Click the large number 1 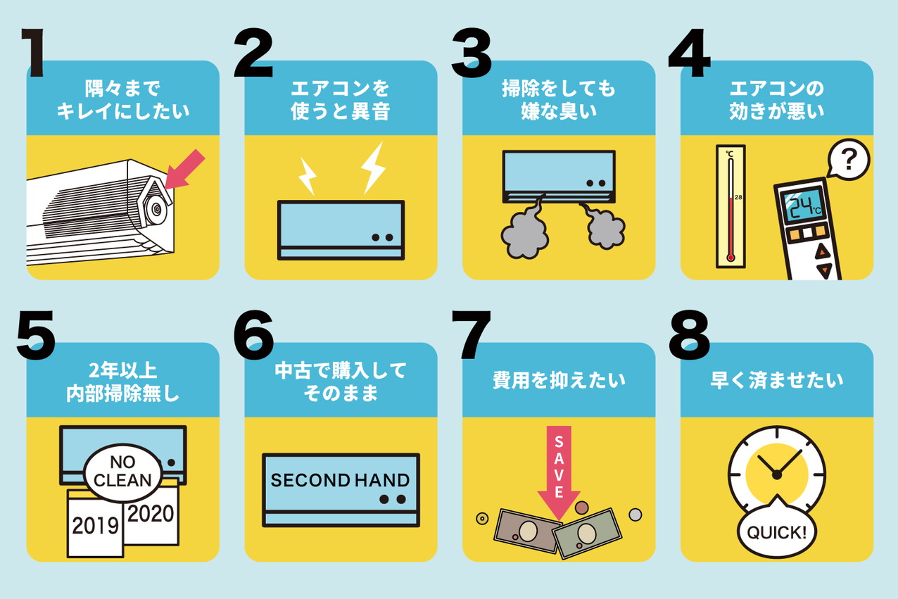tap(34, 52)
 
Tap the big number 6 tap(253, 335)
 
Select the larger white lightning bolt tap(373, 168)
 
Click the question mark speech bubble tap(848, 160)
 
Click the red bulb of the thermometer tap(731, 257)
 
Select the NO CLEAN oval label tap(122, 472)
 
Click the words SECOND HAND tap(340, 480)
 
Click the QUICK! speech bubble tap(776, 530)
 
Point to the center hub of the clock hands tap(776, 475)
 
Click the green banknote tap(587, 534)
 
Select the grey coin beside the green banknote tap(635, 515)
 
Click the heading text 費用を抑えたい tap(559, 380)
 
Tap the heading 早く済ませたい tap(776, 380)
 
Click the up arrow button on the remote tap(822, 252)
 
